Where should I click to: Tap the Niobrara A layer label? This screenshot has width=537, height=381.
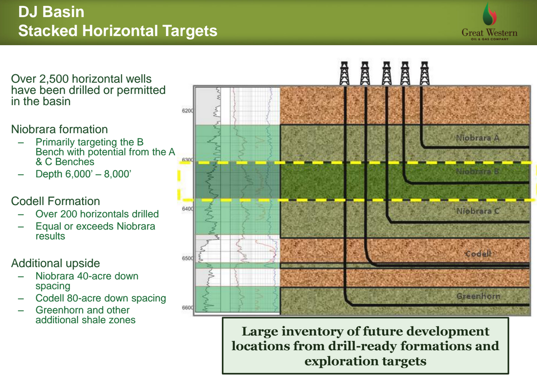click(478, 138)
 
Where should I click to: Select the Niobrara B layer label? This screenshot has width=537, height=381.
click(478, 172)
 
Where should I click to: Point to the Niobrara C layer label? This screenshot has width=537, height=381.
click(478, 211)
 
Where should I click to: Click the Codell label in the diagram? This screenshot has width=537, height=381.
click(478, 254)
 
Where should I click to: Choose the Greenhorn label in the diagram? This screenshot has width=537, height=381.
click(478, 296)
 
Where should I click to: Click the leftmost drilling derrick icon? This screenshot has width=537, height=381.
click(344, 73)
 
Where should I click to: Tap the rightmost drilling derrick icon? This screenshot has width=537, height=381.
click(424, 73)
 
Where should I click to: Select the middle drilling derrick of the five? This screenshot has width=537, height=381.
click(386, 73)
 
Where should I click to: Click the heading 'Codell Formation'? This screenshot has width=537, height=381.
click(55, 201)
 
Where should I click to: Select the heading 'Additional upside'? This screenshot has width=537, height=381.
click(55, 263)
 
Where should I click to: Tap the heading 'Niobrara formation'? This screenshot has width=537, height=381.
click(59, 130)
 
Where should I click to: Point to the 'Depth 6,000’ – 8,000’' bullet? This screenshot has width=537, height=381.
click(83, 174)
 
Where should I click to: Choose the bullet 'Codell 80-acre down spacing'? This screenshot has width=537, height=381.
click(101, 298)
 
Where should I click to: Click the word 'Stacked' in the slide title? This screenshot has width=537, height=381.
click(48, 30)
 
